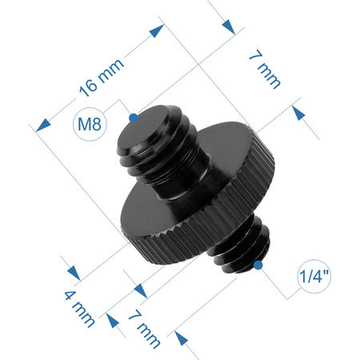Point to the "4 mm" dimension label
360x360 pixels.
coord(80,306)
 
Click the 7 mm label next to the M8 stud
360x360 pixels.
coord(265,71)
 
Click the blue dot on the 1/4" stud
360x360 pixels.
coord(258,265)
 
